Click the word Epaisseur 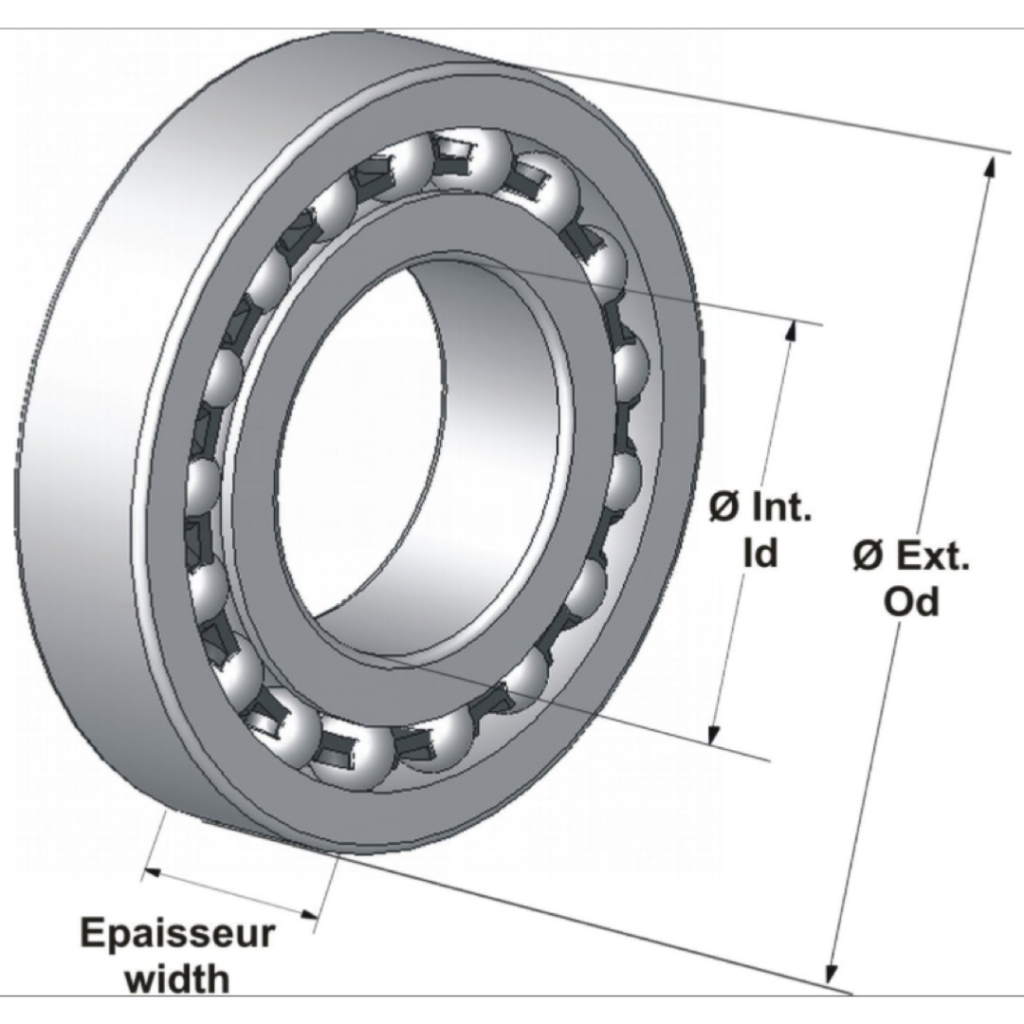tap(177, 933)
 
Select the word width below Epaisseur tap(177, 977)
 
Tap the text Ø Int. tap(760, 507)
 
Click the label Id tap(759, 553)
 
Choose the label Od tap(911, 602)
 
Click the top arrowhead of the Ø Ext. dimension tap(990, 166)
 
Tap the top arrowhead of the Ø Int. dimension tap(789, 332)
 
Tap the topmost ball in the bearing tap(466, 156)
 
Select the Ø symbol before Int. tap(723, 507)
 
